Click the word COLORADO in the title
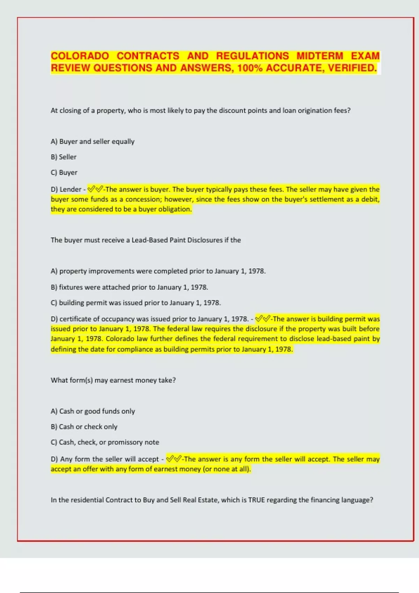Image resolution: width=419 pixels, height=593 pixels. pyautogui.click(x=80, y=56)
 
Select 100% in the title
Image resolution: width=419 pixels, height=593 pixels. pyautogui.click(x=250, y=68)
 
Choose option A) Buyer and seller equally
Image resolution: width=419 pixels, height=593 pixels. pyautogui.click(x=93, y=142)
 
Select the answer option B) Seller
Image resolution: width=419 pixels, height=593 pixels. pyautogui.click(x=64, y=157)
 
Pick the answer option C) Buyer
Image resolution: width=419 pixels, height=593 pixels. pyautogui.click(x=64, y=173)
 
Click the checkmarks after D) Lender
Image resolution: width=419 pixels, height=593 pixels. pyautogui.click(x=95, y=189)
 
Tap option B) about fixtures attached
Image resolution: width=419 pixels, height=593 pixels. pyautogui.click(x=129, y=287)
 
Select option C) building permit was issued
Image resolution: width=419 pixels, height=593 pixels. pyautogui.click(x=136, y=303)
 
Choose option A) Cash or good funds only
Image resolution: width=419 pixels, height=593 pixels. pyautogui.click(x=93, y=411)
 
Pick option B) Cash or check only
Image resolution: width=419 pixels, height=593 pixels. pyautogui.click(x=84, y=427)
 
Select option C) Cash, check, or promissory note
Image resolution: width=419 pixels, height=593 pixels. pyautogui.click(x=105, y=442)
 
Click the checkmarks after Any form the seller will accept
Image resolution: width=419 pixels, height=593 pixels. pyautogui.click(x=174, y=459)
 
